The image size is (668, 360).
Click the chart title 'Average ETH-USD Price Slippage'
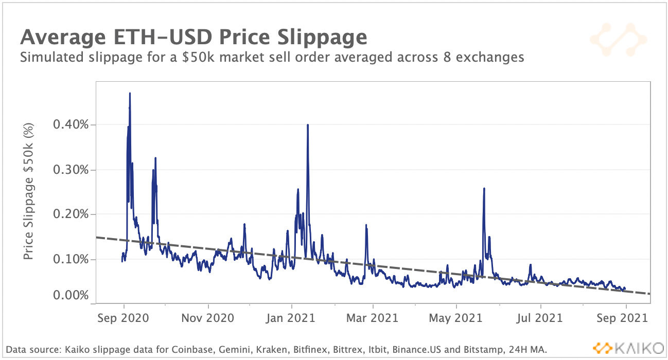[x=194, y=38]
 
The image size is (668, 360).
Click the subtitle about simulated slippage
[x=272, y=57]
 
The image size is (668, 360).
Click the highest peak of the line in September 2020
[x=130, y=94]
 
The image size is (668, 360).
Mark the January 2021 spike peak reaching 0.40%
[x=307, y=125]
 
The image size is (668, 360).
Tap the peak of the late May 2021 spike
[x=484, y=189]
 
